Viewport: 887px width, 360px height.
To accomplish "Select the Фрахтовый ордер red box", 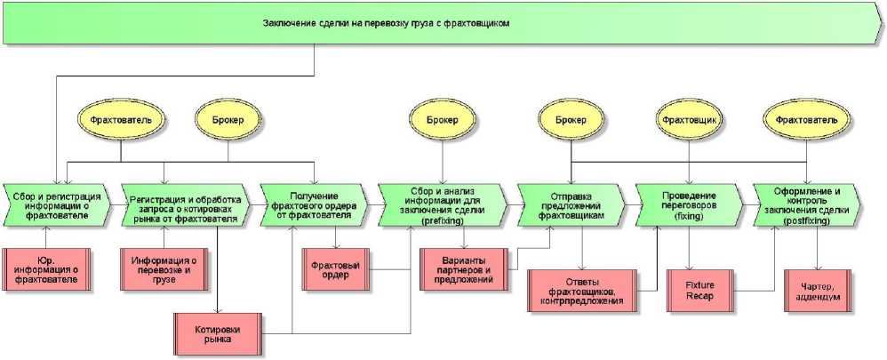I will [337, 268].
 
